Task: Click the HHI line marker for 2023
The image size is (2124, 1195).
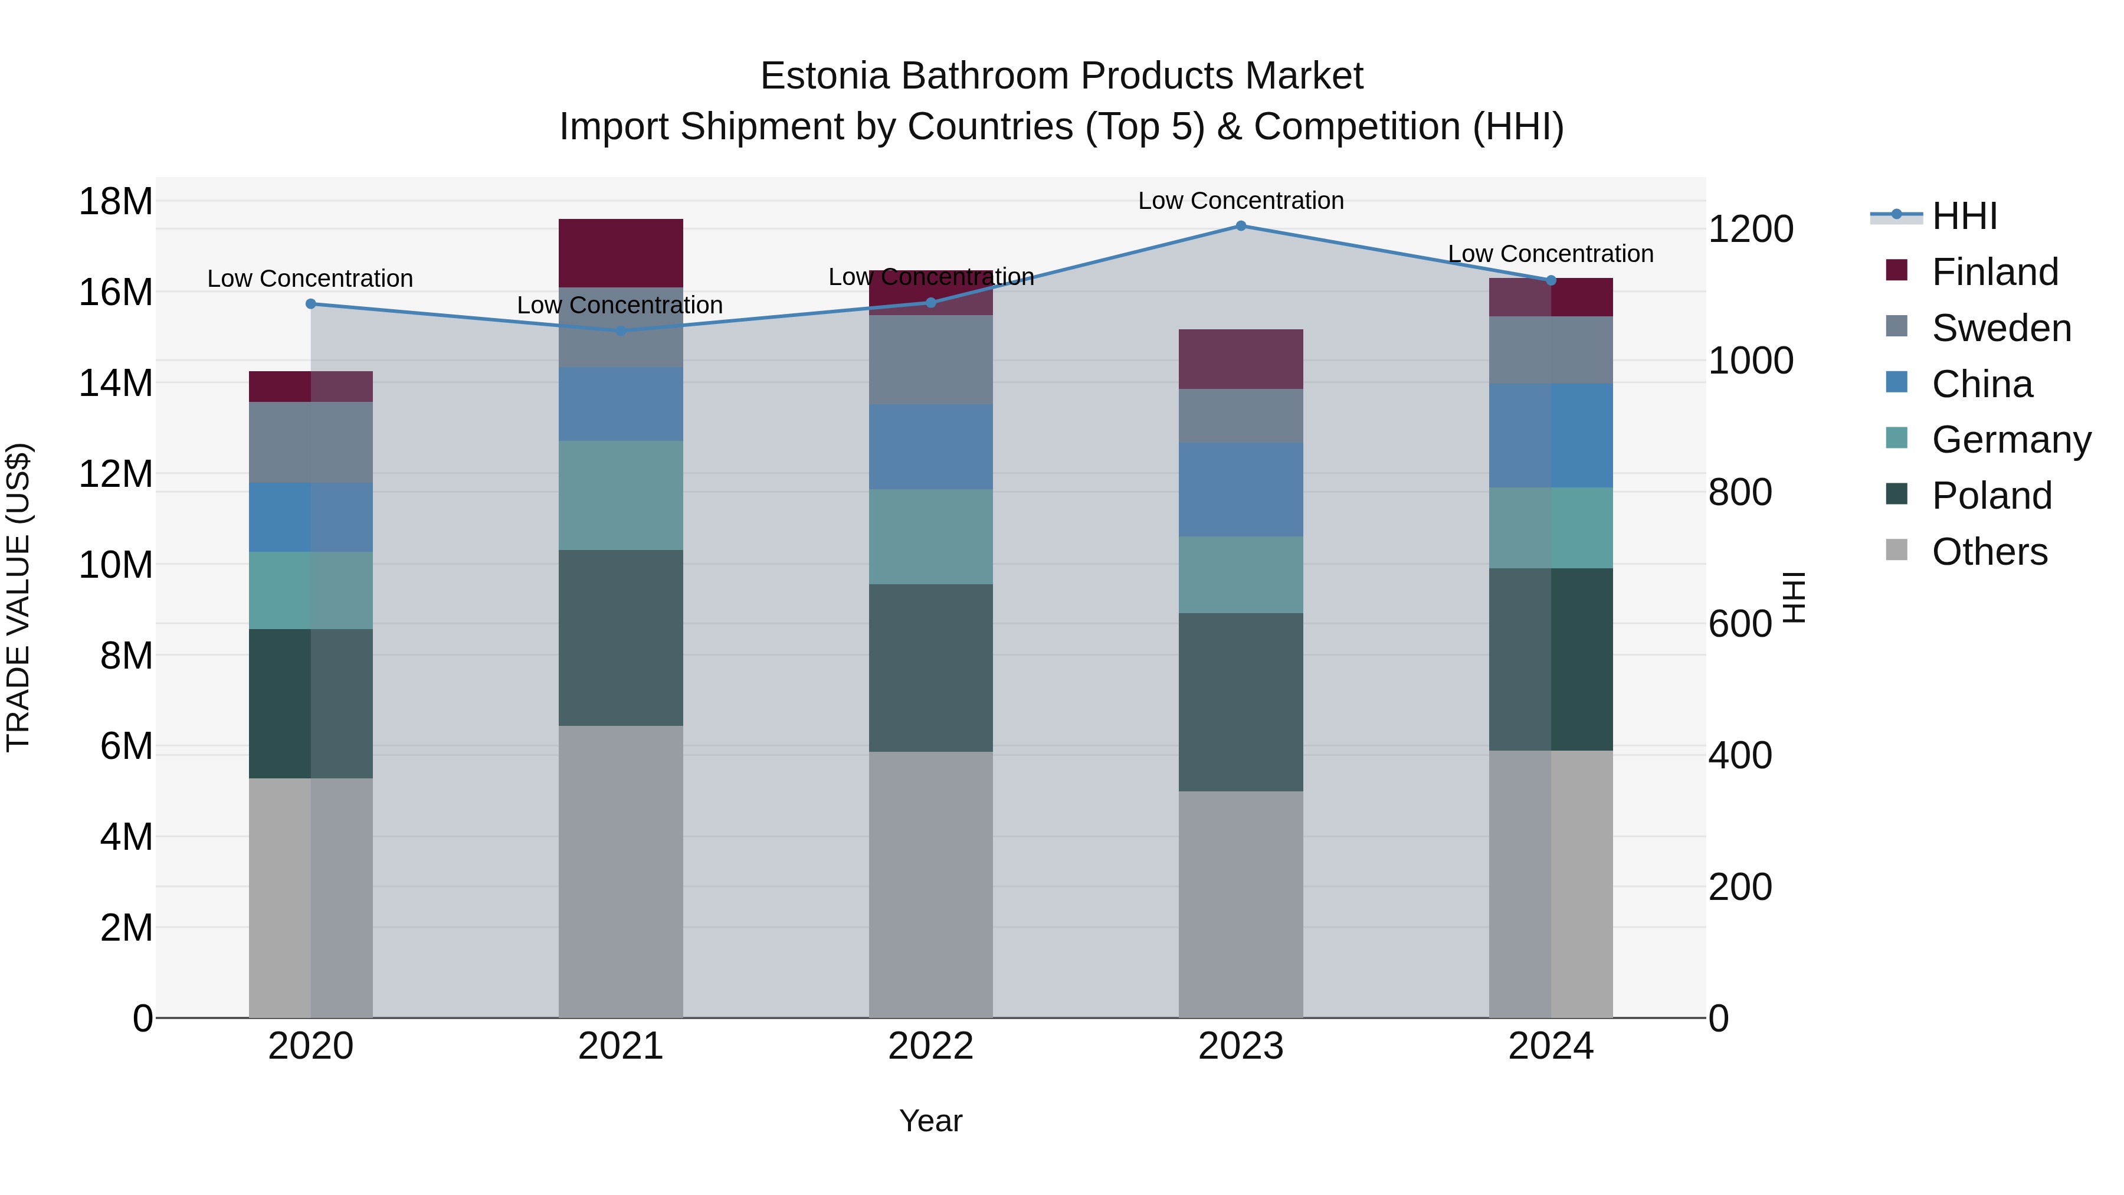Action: click(x=1241, y=226)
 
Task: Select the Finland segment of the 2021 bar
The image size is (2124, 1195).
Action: click(x=621, y=253)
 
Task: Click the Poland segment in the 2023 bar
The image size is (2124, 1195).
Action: click(x=1241, y=702)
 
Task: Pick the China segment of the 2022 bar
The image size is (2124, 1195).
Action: click(x=931, y=446)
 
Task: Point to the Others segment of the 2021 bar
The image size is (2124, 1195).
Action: click(x=621, y=871)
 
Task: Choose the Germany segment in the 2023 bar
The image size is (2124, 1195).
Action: click(x=1241, y=575)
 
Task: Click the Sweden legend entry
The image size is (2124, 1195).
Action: click(x=2001, y=328)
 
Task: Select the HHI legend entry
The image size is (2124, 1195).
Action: click(x=1964, y=216)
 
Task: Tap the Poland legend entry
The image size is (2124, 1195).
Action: click(x=1991, y=496)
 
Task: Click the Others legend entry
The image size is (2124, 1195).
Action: click(x=1989, y=552)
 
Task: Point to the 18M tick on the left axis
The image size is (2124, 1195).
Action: click(x=116, y=202)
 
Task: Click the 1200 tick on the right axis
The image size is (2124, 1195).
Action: click(x=1750, y=230)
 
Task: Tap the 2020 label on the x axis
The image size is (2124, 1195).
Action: click(x=311, y=1046)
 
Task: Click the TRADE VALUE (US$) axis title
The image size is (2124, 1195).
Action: click(x=19, y=597)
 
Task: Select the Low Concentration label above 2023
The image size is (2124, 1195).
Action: click(x=1241, y=201)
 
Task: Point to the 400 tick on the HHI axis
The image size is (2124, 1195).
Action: click(x=1740, y=755)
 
